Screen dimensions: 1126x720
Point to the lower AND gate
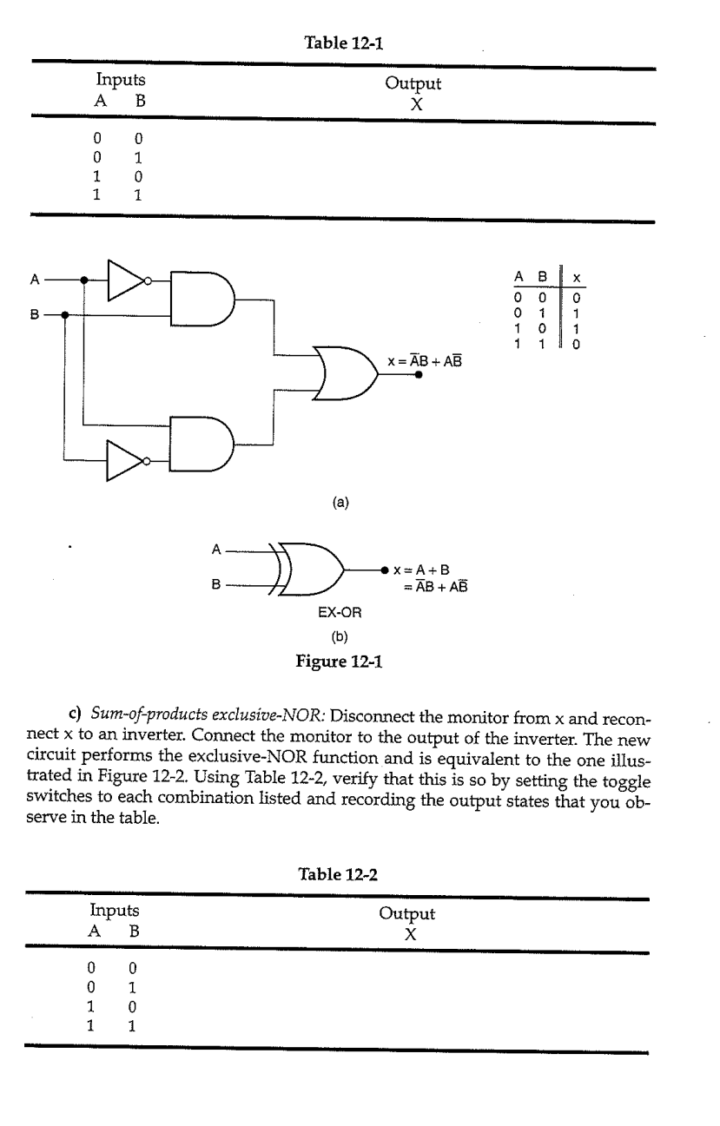point(202,441)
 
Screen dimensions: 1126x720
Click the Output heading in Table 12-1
point(413,84)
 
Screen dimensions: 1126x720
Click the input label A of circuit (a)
point(35,280)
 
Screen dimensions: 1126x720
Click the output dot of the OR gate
point(419,374)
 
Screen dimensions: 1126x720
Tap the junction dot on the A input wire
point(83,280)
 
